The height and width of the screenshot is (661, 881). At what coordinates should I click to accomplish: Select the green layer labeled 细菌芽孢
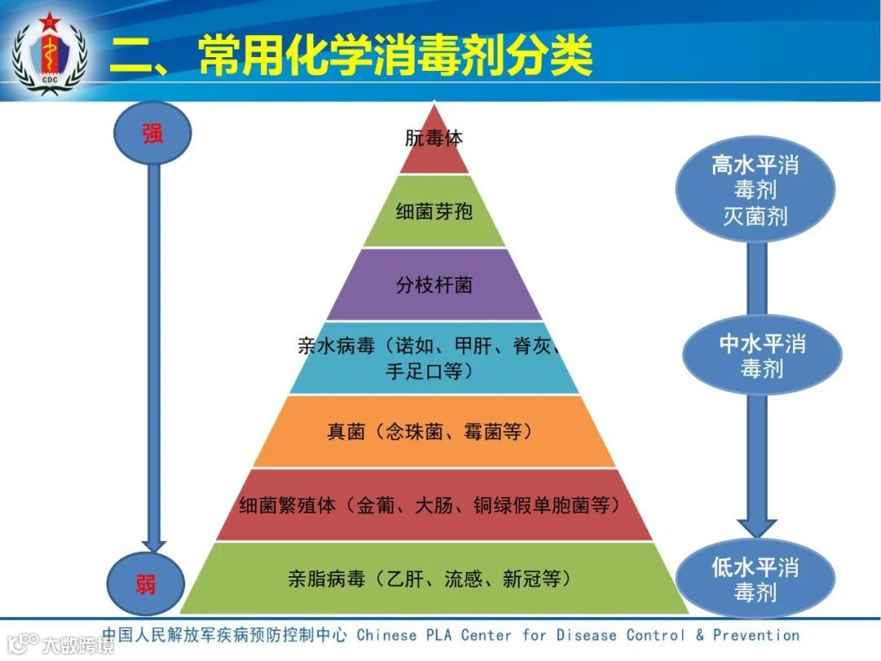pyautogui.click(x=434, y=211)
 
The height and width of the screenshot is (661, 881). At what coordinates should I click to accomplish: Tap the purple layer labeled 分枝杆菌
pyautogui.click(x=434, y=285)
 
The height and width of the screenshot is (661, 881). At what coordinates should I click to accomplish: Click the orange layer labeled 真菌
pyautogui.click(x=434, y=432)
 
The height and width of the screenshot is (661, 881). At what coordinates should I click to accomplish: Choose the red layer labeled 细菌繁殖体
pyautogui.click(x=434, y=505)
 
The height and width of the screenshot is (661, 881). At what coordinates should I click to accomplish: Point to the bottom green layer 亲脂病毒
pyautogui.click(x=434, y=579)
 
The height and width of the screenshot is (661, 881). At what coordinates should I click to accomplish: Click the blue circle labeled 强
pyautogui.click(x=153, y=134)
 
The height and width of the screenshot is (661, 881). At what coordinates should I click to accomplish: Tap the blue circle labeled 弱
pyautogui.click(x=146, y=583)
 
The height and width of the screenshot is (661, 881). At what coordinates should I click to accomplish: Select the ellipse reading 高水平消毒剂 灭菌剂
pyautogui.click(x=755, y=189)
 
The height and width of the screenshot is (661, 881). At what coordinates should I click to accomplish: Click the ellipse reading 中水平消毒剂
pyautogui.click(x=762, y=355)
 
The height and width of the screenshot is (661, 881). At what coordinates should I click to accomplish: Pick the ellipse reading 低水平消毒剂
pyautogui.click(x=755, y=579)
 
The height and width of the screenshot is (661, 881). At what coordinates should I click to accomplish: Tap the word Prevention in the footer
pyautogui.click(x=756, y=635)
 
